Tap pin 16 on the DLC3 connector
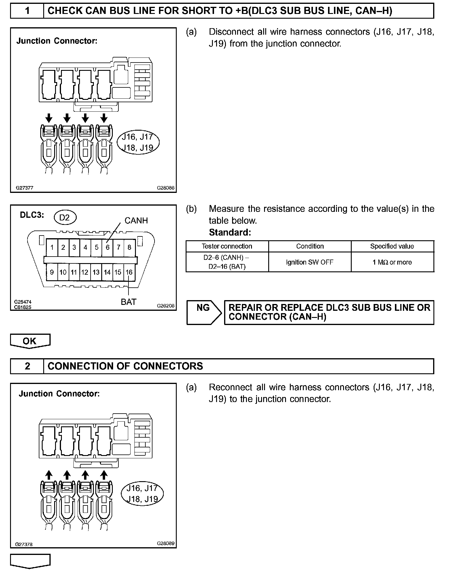[129, 272]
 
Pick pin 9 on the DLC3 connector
[52, 272]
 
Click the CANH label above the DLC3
[136, 220]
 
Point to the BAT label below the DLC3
[128, 302]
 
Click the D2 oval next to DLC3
[65, 217]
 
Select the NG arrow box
[204, 312]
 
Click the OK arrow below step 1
[30, 341]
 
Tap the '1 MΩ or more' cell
[392, 262]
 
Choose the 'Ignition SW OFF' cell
[310, 262]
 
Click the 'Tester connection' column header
[227, 246]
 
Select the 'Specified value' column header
[392, 246]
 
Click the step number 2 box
[27, 366]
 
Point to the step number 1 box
[27, 11]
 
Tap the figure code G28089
[166, 543]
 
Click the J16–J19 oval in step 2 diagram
[142, 494]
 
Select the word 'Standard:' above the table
[230, 232]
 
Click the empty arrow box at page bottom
[30, 561]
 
